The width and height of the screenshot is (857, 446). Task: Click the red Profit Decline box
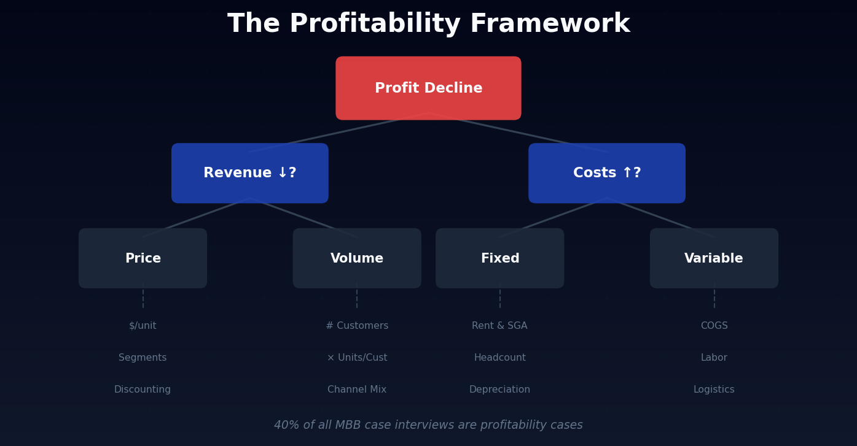pyautogui.click(x=428, y=88)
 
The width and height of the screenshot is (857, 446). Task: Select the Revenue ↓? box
pyautogui.click(x=249, y=173)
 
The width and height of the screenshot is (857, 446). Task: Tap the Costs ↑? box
pyautogui.click(x=606, y=173)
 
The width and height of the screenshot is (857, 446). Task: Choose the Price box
pyautogui.click(x=143, y=258)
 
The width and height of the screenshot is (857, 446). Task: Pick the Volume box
pyautogui.click(x=357, y=258)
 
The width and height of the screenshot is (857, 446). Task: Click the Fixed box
pyautogui.click(x=499, y=258)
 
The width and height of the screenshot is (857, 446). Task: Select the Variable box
pyautogui.click(x=714, y=258)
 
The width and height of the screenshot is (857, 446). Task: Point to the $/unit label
pyautogui.click(x=143, y=326)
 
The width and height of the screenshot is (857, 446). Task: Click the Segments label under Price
pyautogui.click(x=143, y=358)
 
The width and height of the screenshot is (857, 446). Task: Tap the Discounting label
pyautogui.click(x=143, y=390)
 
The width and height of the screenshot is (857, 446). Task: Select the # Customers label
pyautogui.click(x=357, y=326)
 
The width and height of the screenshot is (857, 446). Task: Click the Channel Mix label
pyautogui.click(x=357, y=390)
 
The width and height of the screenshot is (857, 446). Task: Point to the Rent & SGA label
pyautogui.click(x=499, y=326)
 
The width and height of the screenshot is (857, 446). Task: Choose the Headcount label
pyautogui.click(x=499, y=358)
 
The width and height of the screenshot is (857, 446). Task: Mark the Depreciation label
pyautogui.click(x=499, y=390)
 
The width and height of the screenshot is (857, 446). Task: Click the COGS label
pyautogui.click(x=714, y=326)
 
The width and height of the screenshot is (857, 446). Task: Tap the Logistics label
pyautogui.click(x=714, y=390)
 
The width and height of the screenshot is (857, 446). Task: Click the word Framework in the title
pyautogui.click(x=550, y=25)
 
